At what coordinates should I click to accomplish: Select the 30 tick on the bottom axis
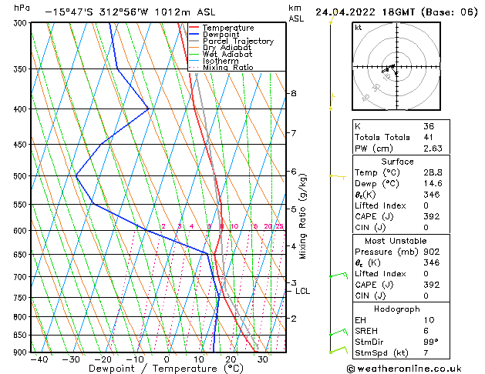263,359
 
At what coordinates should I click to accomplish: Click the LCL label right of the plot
302,291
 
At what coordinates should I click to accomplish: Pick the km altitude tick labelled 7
293,133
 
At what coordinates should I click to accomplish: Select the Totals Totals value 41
429,137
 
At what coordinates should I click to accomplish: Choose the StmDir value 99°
431,342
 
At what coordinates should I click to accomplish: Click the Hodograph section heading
396,308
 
